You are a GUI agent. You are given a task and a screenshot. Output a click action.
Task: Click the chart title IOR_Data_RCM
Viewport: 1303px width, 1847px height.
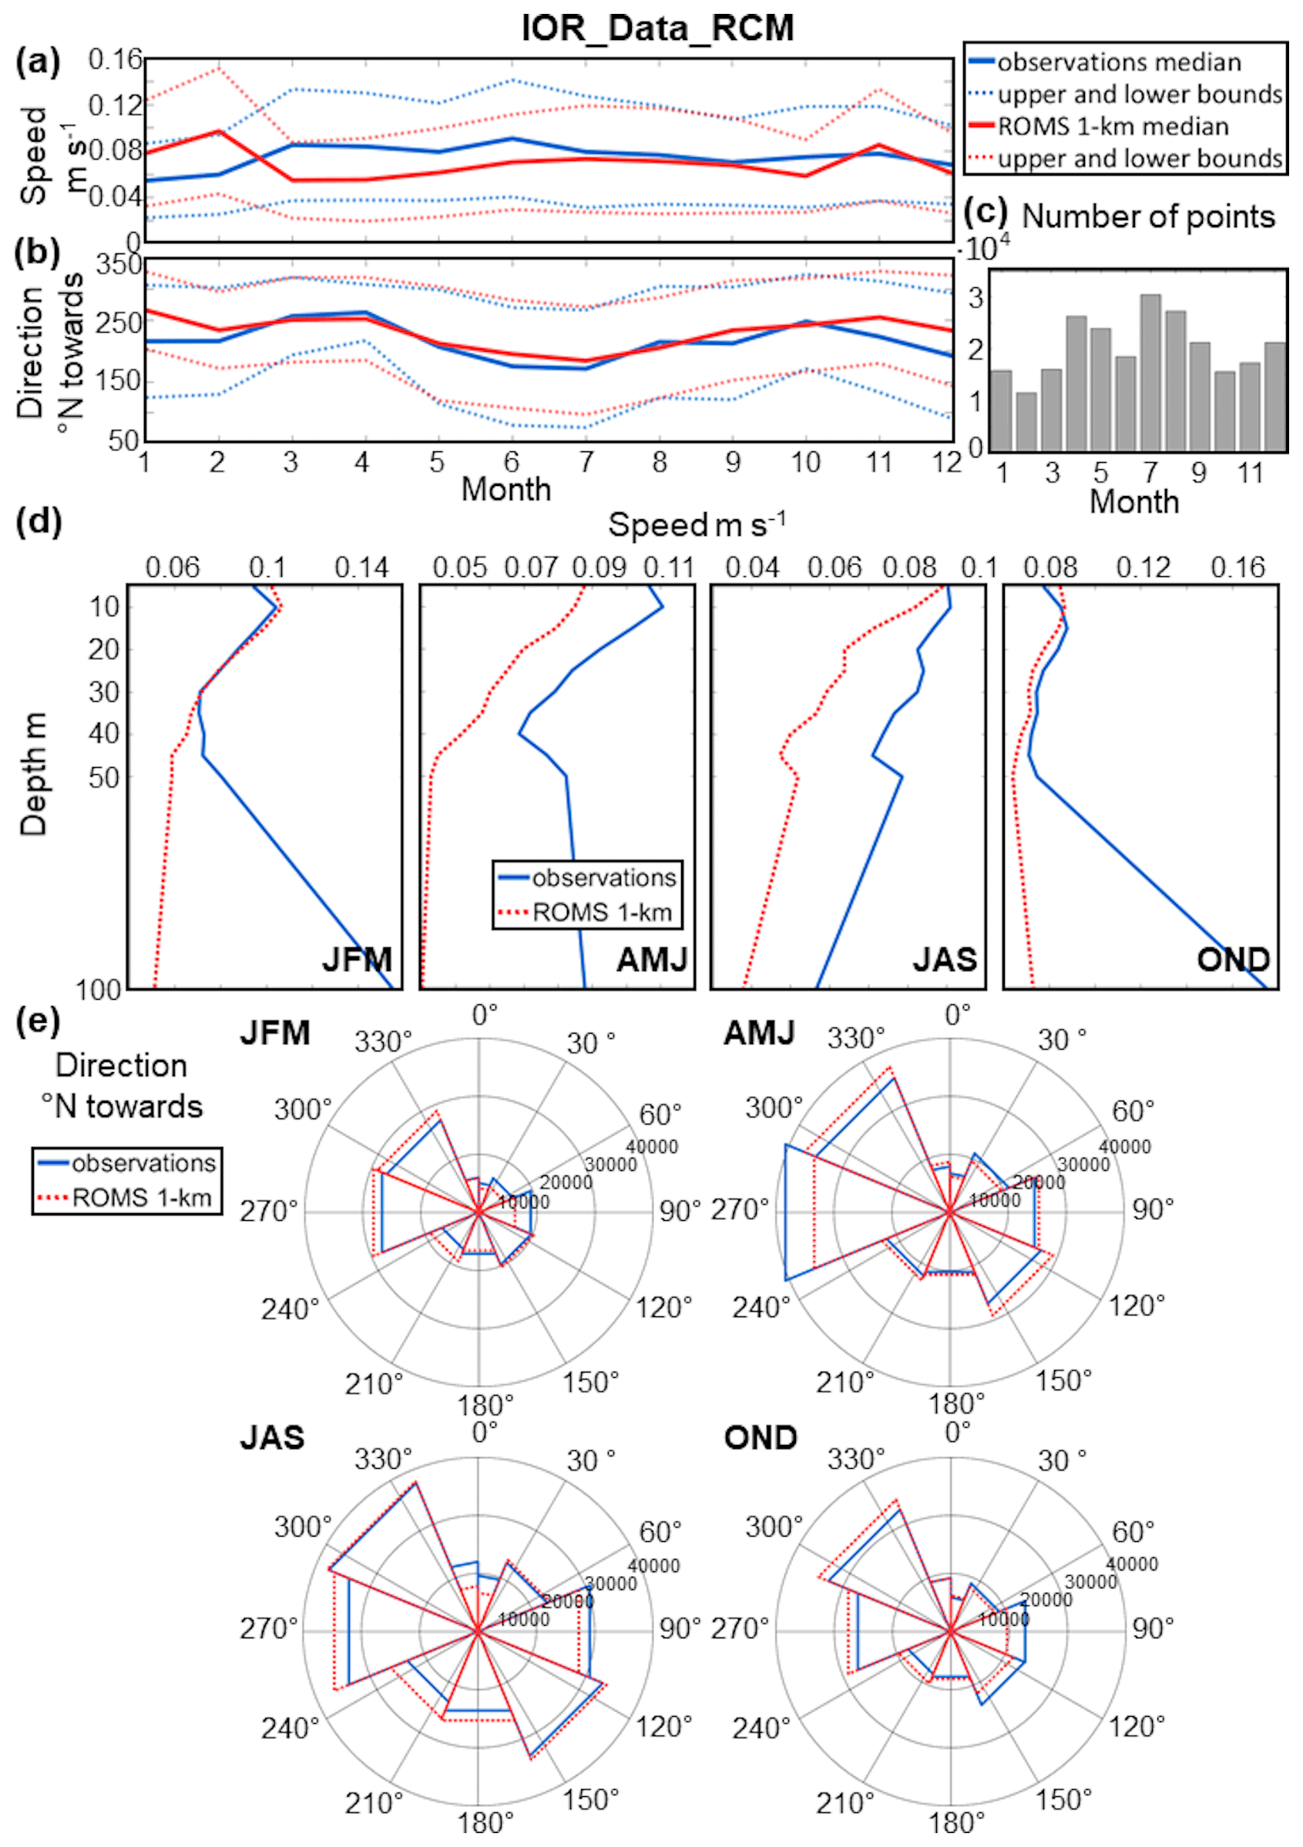click(x=657, y=28)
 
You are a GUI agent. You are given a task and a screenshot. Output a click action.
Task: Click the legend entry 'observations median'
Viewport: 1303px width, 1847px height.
click(x=1119, y=62)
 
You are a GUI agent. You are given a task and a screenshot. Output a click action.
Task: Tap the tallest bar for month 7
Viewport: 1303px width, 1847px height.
click(x=1150, y=372)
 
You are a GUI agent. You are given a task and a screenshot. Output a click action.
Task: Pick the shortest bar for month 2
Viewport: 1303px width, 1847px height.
click(x=1026, y=421)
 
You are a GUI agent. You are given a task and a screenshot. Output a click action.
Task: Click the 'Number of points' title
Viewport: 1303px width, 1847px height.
click(x=1147, y=216)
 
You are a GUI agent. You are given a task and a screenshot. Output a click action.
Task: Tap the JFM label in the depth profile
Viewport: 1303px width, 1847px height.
click(x=358, y=959)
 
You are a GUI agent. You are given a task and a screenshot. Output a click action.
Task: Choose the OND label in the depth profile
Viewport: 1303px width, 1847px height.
click(x=1233, y=959)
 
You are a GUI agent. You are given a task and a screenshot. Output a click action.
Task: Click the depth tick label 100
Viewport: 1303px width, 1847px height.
click(x=98, y=990)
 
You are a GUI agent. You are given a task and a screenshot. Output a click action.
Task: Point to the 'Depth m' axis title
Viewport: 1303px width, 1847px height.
click(x=33, y=773)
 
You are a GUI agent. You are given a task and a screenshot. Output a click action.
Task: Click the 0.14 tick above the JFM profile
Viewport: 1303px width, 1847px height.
click(x=361, y=568)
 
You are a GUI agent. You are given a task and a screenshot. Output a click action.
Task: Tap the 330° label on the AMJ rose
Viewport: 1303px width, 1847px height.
click(x=855, y=1038)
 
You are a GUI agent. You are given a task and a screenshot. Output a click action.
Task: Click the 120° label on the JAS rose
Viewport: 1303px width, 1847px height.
click(x=664, y=1726)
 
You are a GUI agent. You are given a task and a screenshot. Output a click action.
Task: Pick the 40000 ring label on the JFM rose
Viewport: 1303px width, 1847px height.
click(x=652, y=1146)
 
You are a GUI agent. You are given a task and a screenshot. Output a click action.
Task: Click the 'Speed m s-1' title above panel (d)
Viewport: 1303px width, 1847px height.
click(x=696, y=525)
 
